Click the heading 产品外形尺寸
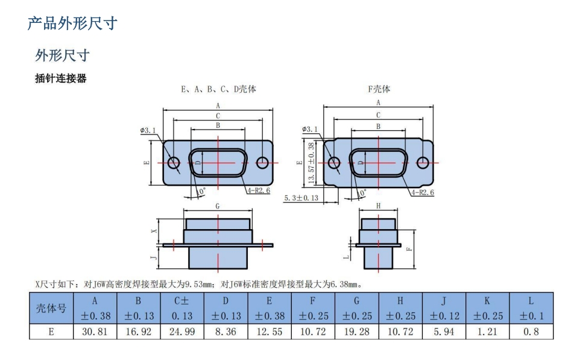tap(72, 24)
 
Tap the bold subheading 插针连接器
tap(61, 78)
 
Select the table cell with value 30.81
tap(95, 332)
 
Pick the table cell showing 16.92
tap(139, 332)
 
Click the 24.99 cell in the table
tap(182, 332)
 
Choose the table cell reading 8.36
tap(226, 332)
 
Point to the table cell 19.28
tap(357, 332)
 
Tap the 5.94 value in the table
tap(444, 332)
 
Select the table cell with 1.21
tap(487, 332)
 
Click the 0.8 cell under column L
tap(531, 332)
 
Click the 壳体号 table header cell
tap(51, 308)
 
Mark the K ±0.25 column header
tap(487, 308)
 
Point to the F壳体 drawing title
tap(379, 89)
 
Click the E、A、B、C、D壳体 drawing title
tap(218, 89)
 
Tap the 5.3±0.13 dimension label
tap(301, 198)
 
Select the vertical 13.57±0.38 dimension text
tap(311, 162)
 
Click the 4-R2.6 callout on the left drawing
tap(259, 190)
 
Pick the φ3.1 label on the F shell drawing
tap(310, 129)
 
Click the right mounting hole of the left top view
tap(262, 162)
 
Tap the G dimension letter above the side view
tap(218, 206)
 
